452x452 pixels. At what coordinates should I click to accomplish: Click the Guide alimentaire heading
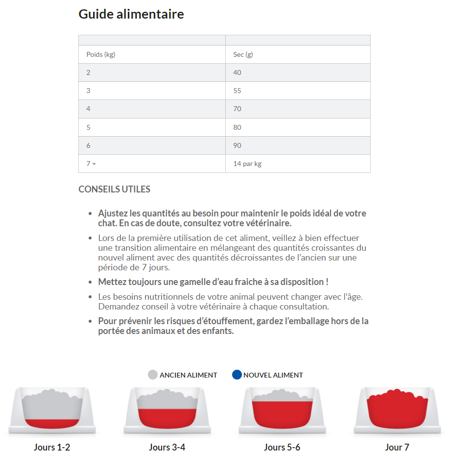131,14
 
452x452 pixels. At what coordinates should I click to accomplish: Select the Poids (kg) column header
101,54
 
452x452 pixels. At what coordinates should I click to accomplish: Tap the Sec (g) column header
243,54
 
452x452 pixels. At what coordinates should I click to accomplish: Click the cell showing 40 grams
238,72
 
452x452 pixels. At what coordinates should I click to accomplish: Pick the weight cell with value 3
89,91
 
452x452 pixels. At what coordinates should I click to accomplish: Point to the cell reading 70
238,109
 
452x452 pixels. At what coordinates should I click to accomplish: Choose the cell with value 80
238,127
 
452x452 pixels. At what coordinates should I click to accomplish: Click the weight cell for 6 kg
89,145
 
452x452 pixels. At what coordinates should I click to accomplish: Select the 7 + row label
91,164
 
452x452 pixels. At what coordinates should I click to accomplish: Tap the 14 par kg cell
247,164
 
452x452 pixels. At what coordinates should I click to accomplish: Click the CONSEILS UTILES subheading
115,190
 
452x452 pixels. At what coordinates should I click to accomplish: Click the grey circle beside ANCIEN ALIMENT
153,375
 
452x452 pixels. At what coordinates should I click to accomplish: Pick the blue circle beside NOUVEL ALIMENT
237,375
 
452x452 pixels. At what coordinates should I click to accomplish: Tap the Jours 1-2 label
52,447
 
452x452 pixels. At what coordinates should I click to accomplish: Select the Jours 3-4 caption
167,447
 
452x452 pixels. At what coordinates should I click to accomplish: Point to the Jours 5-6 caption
282,447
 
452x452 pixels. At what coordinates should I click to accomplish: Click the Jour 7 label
397,447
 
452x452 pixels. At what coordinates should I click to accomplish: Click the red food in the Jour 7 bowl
397,409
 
